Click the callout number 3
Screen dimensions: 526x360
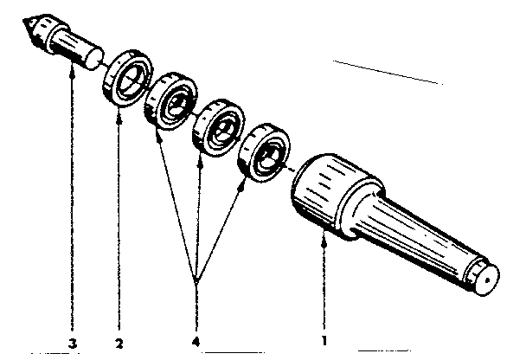73,344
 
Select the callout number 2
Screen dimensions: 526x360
119,344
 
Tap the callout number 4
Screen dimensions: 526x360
196,342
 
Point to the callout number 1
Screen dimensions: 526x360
324,341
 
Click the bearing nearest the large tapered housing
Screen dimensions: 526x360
265,152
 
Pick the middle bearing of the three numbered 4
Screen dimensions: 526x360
218,128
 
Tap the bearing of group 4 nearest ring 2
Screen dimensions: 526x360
171,101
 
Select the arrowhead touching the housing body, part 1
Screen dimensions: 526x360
324,242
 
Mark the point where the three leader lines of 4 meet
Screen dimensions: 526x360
196,281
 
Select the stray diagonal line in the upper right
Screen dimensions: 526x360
388,73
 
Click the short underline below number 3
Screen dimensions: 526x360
55,353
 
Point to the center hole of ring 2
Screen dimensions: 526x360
130,80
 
